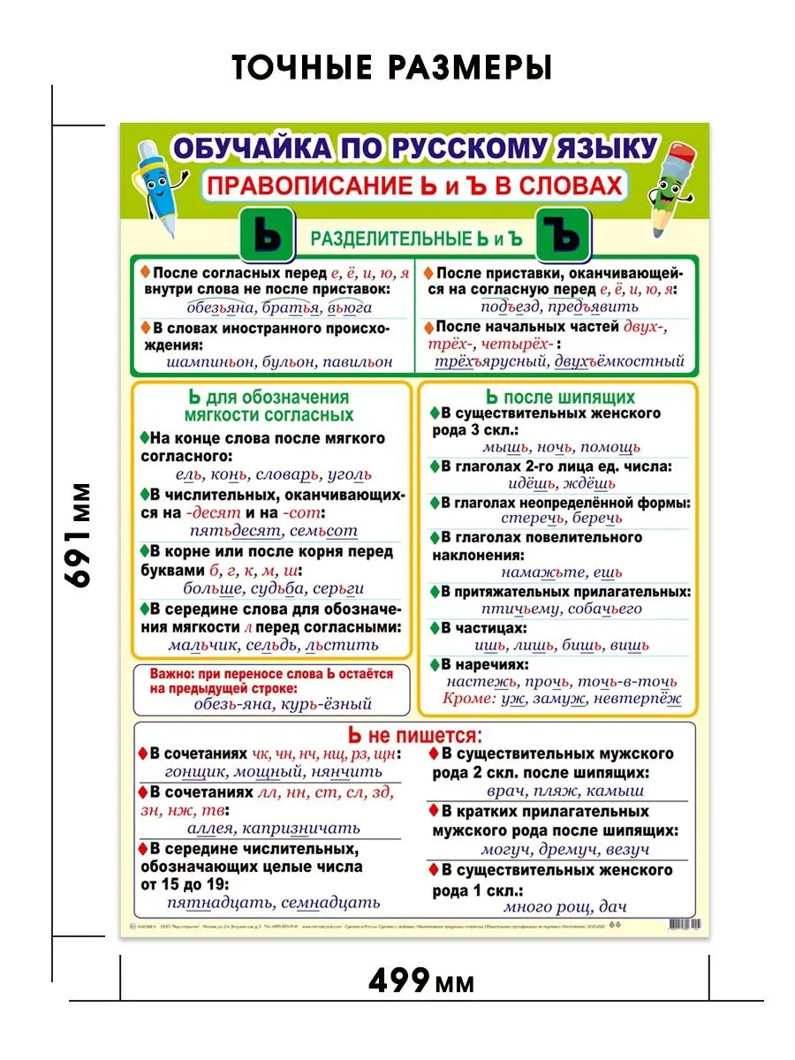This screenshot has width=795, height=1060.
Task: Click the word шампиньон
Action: (x=210, y=362)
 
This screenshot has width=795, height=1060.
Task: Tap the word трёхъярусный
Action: (x=488, y=360)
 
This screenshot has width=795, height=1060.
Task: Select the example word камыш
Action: (x=616, y=791)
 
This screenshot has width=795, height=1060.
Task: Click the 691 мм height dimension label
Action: (x=80, y=534)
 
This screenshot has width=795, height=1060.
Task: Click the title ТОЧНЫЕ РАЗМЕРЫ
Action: (x=391, y=68)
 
